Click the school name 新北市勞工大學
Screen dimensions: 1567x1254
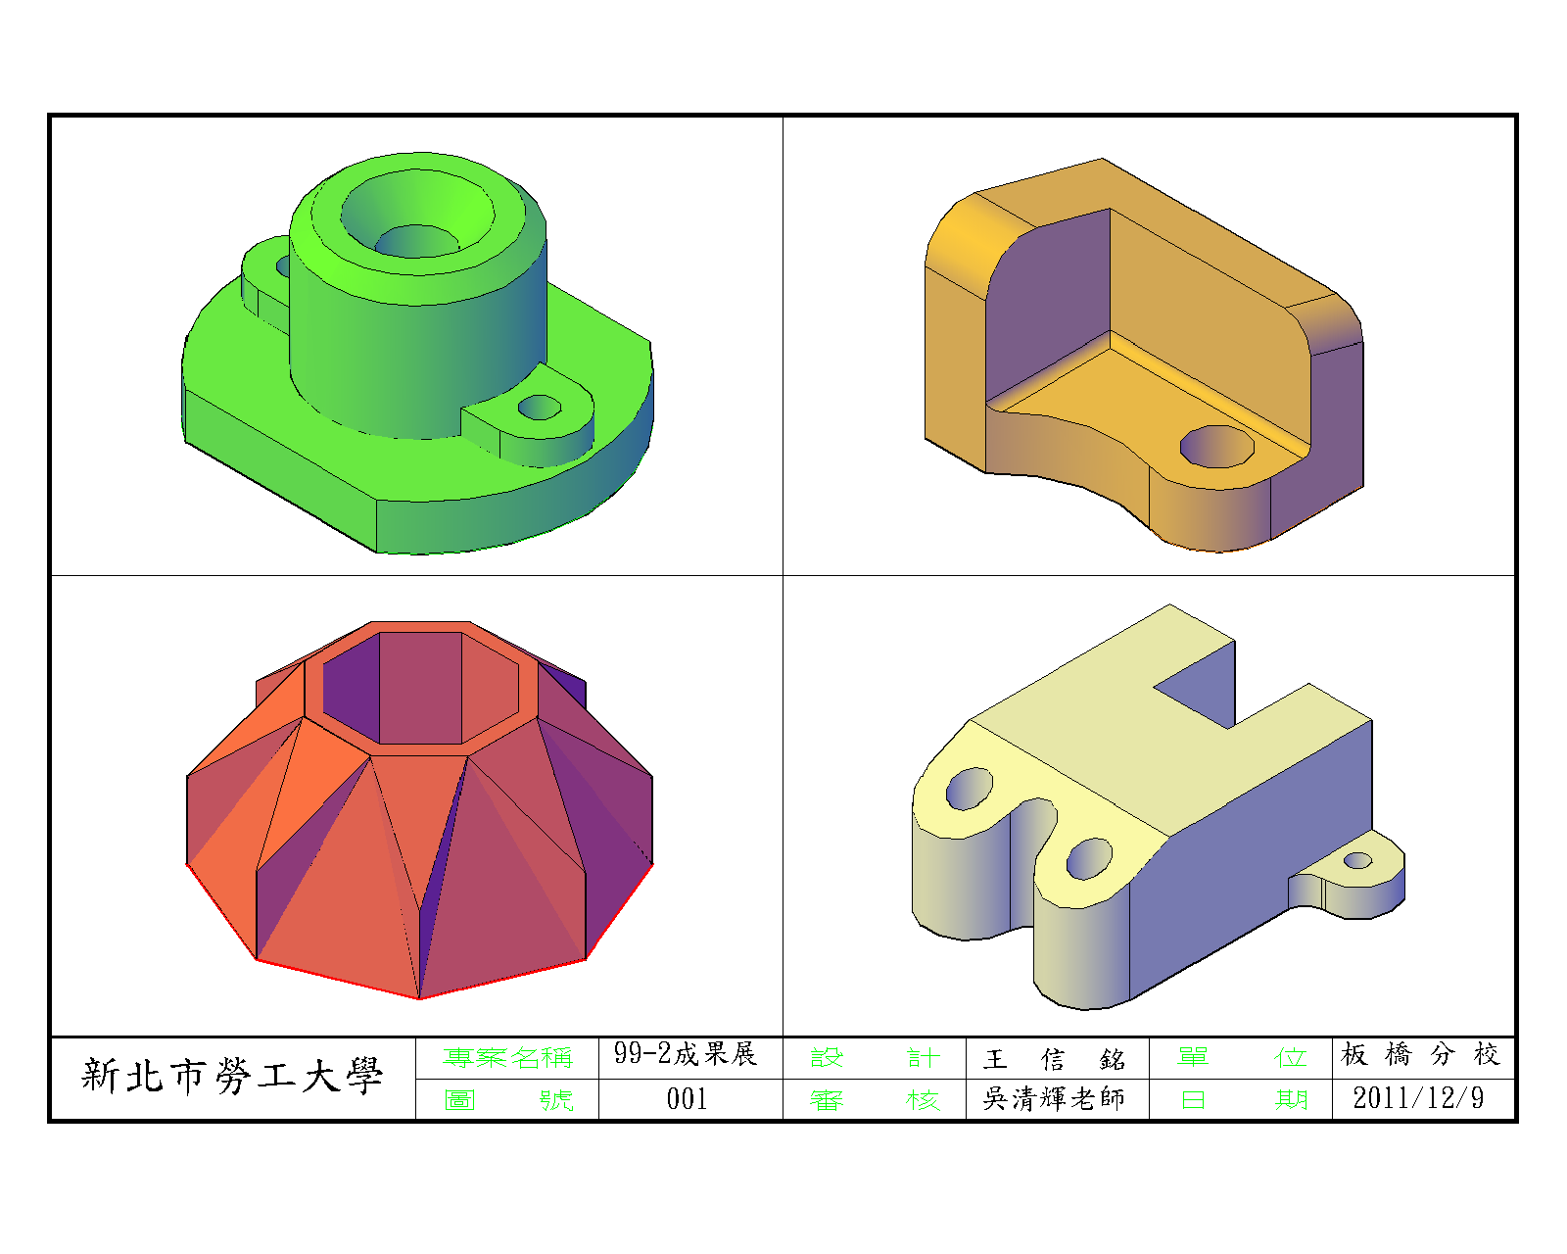[x=231, y=1077]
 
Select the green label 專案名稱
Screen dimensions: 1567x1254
[x=507, y=1057]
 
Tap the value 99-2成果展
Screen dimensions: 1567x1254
[x=686, y=1053]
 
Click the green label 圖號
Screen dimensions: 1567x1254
[x=508, y=1099]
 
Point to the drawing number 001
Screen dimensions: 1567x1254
[x=687, y=1099]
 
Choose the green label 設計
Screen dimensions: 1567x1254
[x=876, y=1057]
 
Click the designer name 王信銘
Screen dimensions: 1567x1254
[x=1055, y=1059]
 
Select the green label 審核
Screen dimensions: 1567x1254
[x=876, y=1100]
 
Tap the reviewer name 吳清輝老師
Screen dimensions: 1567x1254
[x=1054, y=1099]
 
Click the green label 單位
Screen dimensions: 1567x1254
[x=1242, y=1057]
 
